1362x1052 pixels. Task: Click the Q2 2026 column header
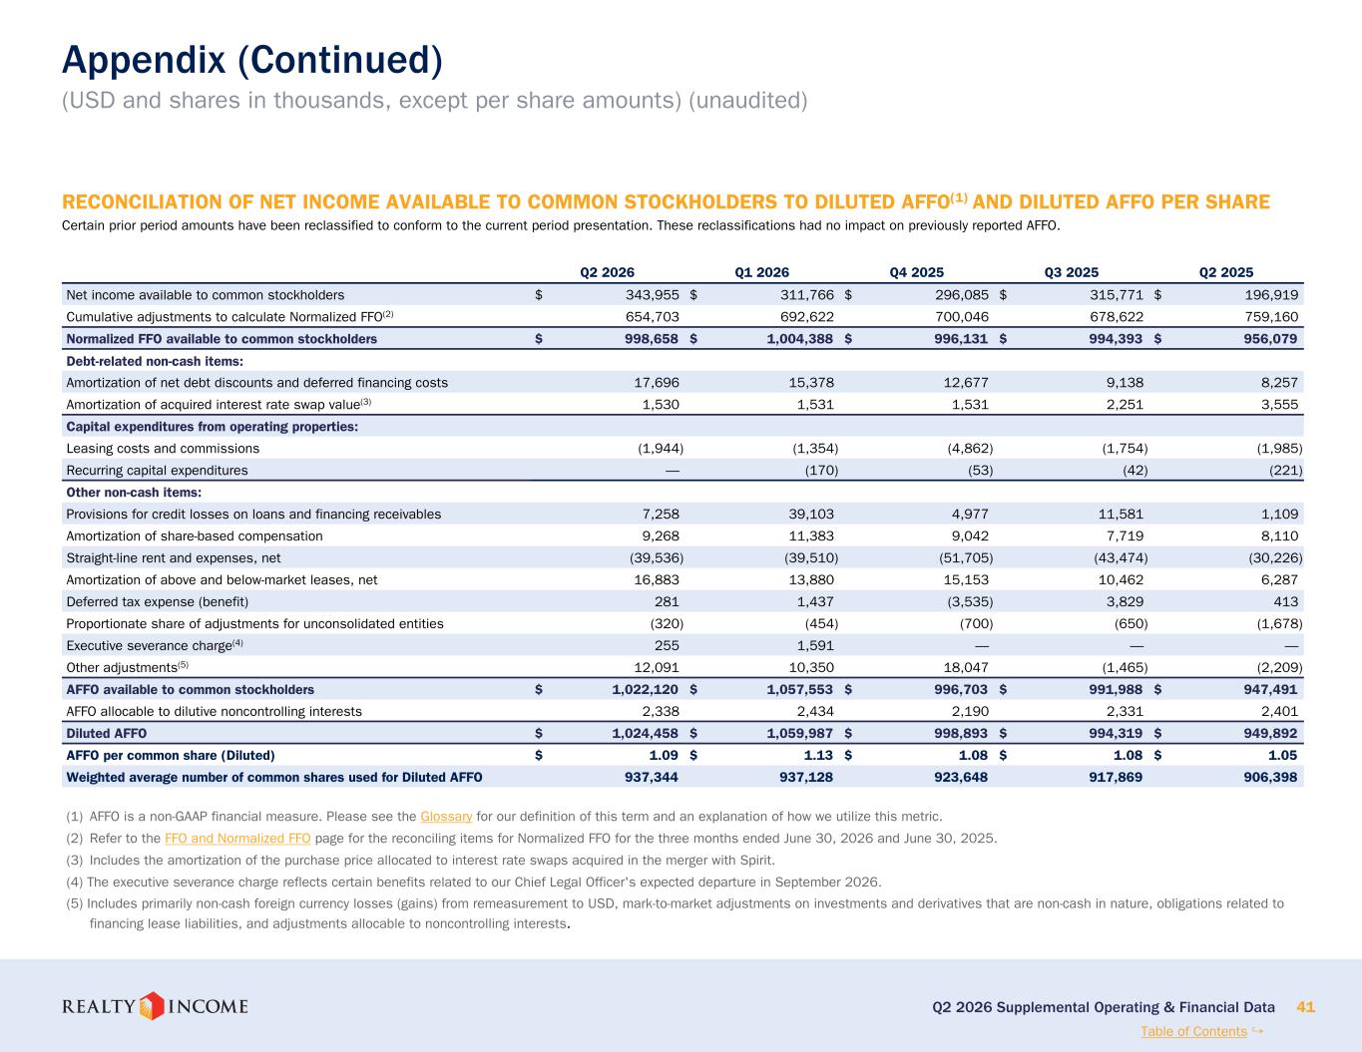tap(607, 272)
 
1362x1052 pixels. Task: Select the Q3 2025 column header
tap(1072, 272)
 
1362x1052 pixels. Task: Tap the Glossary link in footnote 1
tap(446, 817)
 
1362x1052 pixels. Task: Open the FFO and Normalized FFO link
tap(237, 839)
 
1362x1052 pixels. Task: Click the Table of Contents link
tap(1194, 1031)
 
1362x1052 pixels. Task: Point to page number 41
tap(1305, 1007)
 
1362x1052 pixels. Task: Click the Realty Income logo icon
tap(151, 1006)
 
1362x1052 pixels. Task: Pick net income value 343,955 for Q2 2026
tap(652, 295)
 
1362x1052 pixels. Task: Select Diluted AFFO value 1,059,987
tap(800, 733)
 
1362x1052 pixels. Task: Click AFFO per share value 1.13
tap(818, 755)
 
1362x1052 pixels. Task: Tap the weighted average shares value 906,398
tap(1270, 777)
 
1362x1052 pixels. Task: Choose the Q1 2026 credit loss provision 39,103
tap(811, 515)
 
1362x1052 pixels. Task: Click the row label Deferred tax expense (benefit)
tap(158, 601)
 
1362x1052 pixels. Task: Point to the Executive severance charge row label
tap(155, 645)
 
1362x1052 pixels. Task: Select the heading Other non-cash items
tap(134, 493)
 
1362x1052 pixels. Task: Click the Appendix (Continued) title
tap(252, 60)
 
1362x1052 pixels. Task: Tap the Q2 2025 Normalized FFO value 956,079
tap(1270, 339)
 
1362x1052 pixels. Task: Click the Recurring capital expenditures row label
tap(157, 471)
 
